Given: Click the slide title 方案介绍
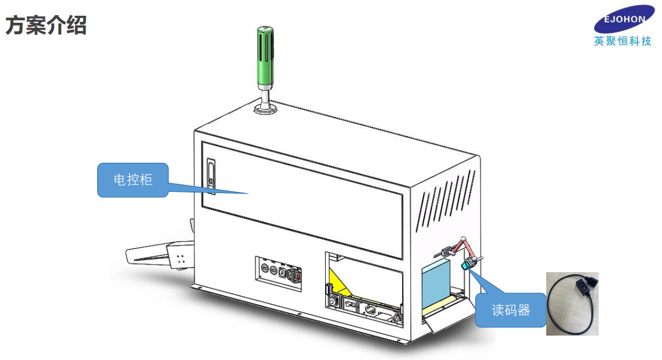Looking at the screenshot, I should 46,25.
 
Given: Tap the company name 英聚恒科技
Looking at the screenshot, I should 622,41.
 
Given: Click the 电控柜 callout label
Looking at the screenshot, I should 133,180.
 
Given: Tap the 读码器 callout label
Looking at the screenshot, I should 511,311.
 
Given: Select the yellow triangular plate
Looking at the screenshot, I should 340,281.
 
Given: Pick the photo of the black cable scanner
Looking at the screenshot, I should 572,304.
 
